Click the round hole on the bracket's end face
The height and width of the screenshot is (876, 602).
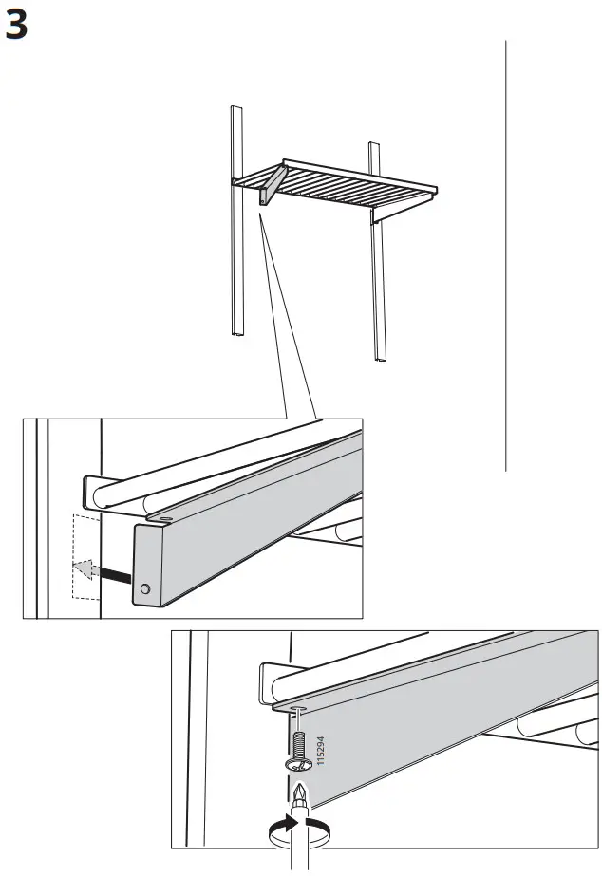[x=144, y=589]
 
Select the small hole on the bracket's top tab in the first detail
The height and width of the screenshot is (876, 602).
[x=163, y=519]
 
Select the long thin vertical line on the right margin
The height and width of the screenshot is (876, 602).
[x=505, y=256]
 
